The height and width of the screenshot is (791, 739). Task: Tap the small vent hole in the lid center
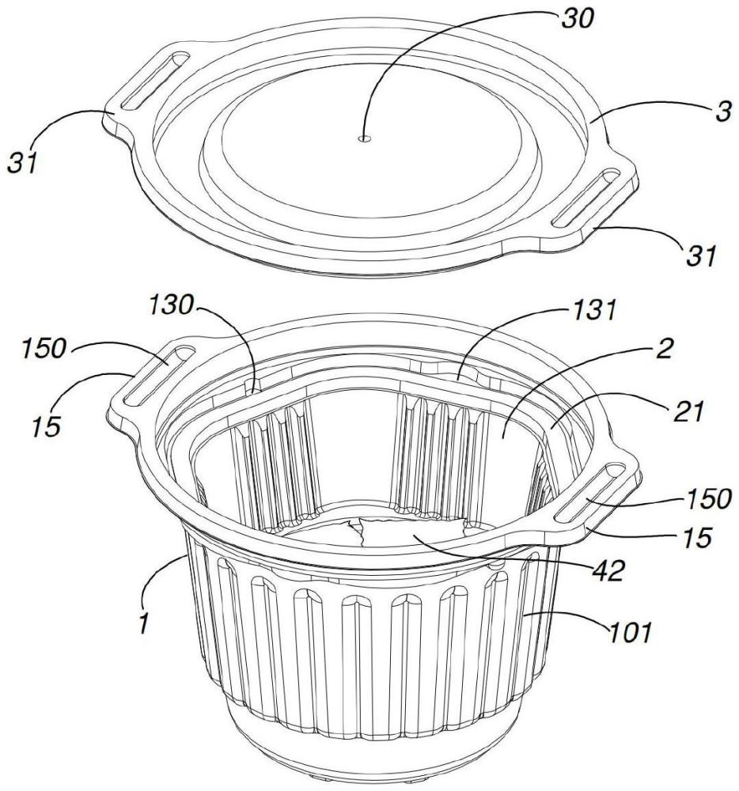[x=364, y=138]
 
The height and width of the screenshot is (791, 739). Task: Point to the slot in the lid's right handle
[x=586, y=198]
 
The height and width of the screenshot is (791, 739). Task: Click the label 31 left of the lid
[x=22, y=163]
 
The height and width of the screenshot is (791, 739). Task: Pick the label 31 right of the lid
[x=700, y=255]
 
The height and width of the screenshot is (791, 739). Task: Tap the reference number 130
[x=170, y=305]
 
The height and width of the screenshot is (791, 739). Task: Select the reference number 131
[x=593, y=310]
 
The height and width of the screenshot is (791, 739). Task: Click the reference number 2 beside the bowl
[x=665, y=348]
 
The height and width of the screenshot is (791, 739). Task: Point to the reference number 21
[x=687, y=411]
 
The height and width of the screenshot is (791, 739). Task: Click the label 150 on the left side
[x=44, y=348]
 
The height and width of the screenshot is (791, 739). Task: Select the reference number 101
[x=631, y=631]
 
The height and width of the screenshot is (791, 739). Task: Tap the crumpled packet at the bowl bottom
[x=411, y=532]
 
